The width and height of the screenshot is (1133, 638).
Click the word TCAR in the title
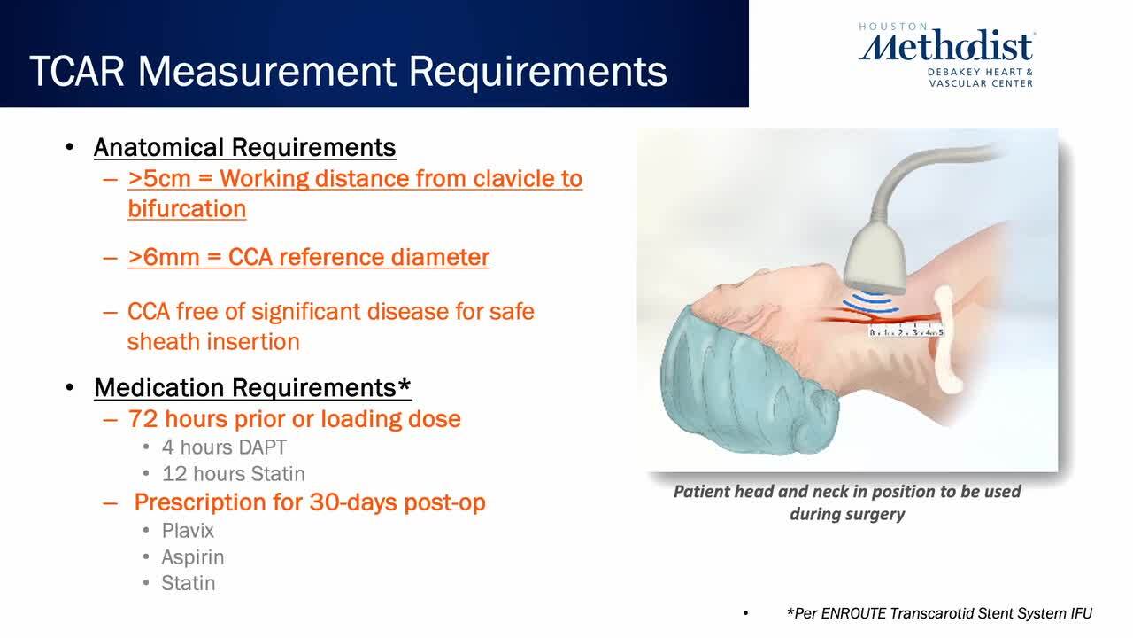(77, 72)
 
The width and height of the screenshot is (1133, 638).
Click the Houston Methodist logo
(947, 55)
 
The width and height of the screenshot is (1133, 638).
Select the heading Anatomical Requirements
(245, 147)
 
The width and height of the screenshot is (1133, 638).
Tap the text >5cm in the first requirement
(158, 179)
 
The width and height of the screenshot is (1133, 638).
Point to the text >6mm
(164, 257)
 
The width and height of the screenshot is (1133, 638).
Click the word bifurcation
(187, 208)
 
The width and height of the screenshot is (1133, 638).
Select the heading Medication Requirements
(252, 388)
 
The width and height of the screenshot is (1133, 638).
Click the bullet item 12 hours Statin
(233, 474)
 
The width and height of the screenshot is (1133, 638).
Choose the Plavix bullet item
(188, 531)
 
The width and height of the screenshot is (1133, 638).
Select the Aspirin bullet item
(193, 557)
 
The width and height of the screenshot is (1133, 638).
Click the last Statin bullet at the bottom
(189, 583)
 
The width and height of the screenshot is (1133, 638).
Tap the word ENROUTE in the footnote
(853, 614)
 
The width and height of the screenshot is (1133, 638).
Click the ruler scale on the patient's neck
(906, 331)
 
